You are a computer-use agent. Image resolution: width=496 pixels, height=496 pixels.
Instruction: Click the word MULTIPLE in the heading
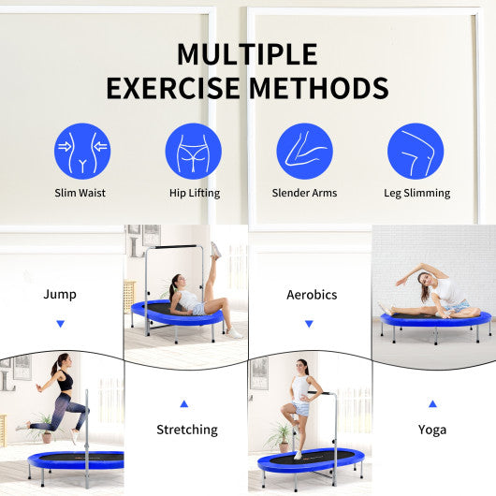pos(247,54)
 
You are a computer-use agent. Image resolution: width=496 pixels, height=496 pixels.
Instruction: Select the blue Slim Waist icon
pos(82,152)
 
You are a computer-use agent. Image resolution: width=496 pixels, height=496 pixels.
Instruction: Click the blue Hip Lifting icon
pos(193,152)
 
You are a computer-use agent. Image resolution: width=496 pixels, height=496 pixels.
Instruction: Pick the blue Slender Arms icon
pos(304,152)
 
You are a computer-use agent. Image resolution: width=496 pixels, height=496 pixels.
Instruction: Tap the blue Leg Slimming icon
pos(416,152)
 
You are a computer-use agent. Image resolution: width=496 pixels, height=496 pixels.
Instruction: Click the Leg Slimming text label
pos(416,194)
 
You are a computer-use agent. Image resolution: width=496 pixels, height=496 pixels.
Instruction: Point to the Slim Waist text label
pos(80,194)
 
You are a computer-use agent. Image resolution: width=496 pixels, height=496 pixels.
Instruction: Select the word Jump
pos(61,294)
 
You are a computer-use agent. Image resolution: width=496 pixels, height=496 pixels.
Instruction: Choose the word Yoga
pos(432,430)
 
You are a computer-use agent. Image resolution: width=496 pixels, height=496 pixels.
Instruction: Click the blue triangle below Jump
pos(61,324)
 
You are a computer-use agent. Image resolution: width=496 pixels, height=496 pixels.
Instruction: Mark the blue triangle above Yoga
pos(432,403)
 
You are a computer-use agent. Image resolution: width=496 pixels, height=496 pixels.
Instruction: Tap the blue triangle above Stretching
pos(184,403)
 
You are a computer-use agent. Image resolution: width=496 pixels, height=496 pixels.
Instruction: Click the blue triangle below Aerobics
pos(309,324)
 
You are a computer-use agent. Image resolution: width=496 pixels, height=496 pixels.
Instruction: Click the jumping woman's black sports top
pos(65,382)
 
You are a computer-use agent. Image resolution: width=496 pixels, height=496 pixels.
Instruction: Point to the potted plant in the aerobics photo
pos(279,434)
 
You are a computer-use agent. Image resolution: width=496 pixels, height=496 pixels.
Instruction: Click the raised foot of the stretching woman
pos(215,249)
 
